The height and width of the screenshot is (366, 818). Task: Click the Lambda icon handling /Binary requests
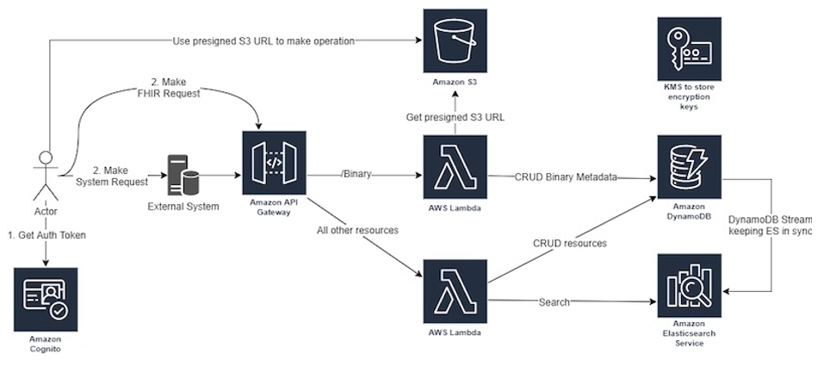click(455, 166)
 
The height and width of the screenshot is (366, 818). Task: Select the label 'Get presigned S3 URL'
click(455, 116)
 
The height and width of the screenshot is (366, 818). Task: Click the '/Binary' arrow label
click(356, 174)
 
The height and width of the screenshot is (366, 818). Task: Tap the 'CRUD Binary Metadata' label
click(566, 177)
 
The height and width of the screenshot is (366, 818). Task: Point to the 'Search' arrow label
click(554, 301)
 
